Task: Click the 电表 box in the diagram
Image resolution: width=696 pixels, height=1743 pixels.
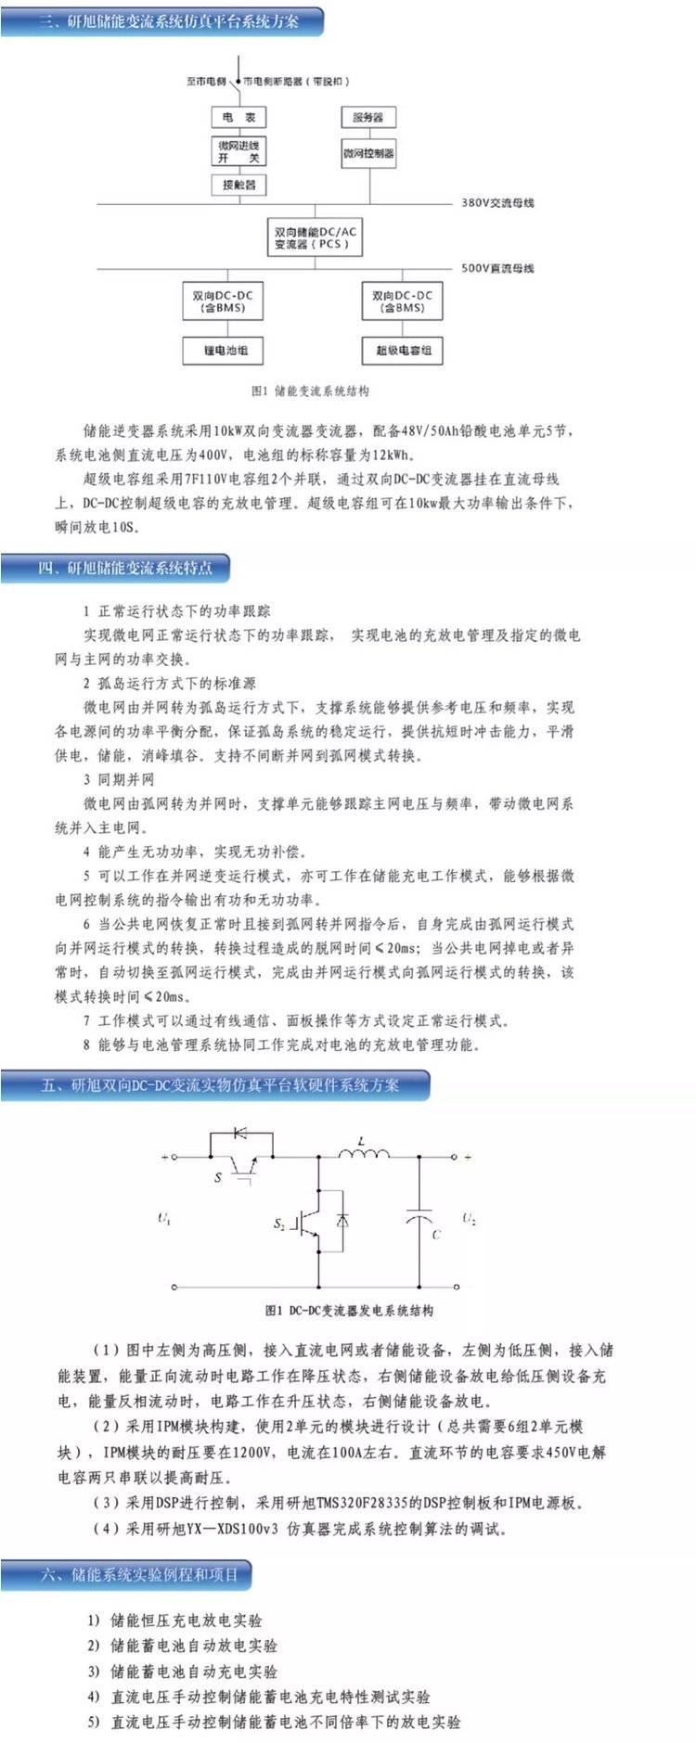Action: coord(238,117)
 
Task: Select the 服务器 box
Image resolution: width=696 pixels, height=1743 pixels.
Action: coord(367,117)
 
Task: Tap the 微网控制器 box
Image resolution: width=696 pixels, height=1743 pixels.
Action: coord(367,153)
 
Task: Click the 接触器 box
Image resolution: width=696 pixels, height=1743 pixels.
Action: coord(238,185)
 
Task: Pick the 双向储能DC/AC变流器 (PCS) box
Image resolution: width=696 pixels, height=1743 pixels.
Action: coord(316,237)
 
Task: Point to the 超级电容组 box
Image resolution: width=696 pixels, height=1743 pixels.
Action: coord(403,351)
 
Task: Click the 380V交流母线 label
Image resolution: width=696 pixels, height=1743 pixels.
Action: coord(497,203)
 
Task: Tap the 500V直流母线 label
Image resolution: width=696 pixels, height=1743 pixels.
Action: coord(497,268)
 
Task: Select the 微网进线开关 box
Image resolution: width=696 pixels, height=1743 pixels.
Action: coord(238,151)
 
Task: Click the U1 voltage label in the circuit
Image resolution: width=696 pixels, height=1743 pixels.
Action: coord(164,1219)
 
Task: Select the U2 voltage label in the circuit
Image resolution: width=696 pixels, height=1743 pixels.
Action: coord(470,1219)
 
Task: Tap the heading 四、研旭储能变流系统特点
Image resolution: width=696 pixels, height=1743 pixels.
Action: coord(124,568)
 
